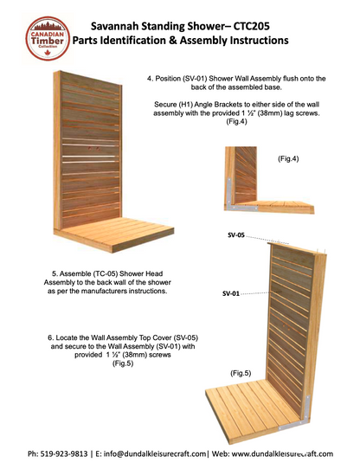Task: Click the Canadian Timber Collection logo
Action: (48, 38)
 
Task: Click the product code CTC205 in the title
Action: (251, 26)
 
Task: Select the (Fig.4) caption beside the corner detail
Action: (288, 159)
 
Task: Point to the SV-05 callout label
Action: (235, 235)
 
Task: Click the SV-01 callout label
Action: (231, 293)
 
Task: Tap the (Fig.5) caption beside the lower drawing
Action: (241, 373)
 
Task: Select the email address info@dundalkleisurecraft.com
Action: (155, 453)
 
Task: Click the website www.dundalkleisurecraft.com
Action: (282, 453)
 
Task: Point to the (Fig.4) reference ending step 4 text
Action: (236, 122)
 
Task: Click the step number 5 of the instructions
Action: (55, 273)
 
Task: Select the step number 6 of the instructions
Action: (50, 337)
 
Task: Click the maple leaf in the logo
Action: (48, 54)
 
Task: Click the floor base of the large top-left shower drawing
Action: (114, 234)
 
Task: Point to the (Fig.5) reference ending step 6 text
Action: (123, 363)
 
